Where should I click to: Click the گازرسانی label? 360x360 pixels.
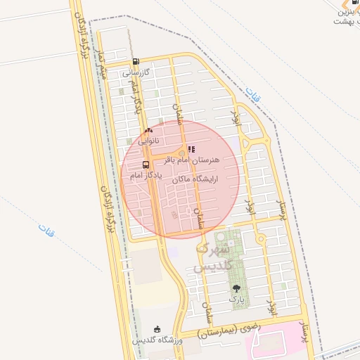pos(136,72)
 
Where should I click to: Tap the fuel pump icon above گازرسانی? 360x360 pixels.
pos(136,61)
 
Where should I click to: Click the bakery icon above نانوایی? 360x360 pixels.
pos(148,131)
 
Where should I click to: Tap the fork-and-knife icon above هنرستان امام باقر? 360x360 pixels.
pos(191,149)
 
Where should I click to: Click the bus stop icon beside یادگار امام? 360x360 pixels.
pos(146,165)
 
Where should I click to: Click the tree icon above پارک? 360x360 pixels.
pos(236,288)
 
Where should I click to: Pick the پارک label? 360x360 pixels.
pos(236,299)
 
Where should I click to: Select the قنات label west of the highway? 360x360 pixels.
pos(46,229)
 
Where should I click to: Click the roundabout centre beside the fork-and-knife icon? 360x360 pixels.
pos(181,153)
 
